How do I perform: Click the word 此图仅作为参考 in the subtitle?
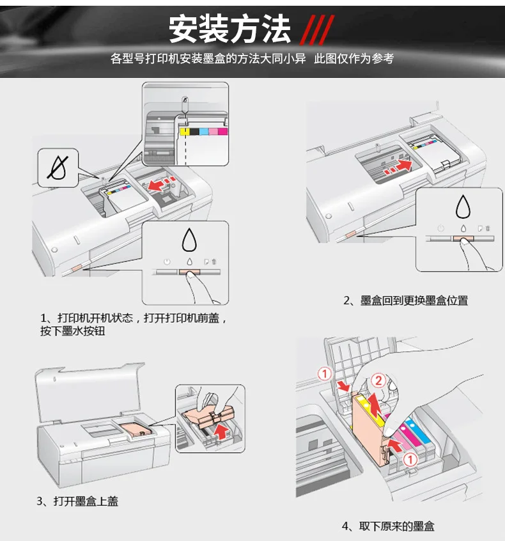[x=353, y=59]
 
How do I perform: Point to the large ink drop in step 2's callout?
[x=462, y=207]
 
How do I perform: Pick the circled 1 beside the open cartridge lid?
[x=325, y=373]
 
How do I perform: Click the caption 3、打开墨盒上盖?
[x=77, y=501]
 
